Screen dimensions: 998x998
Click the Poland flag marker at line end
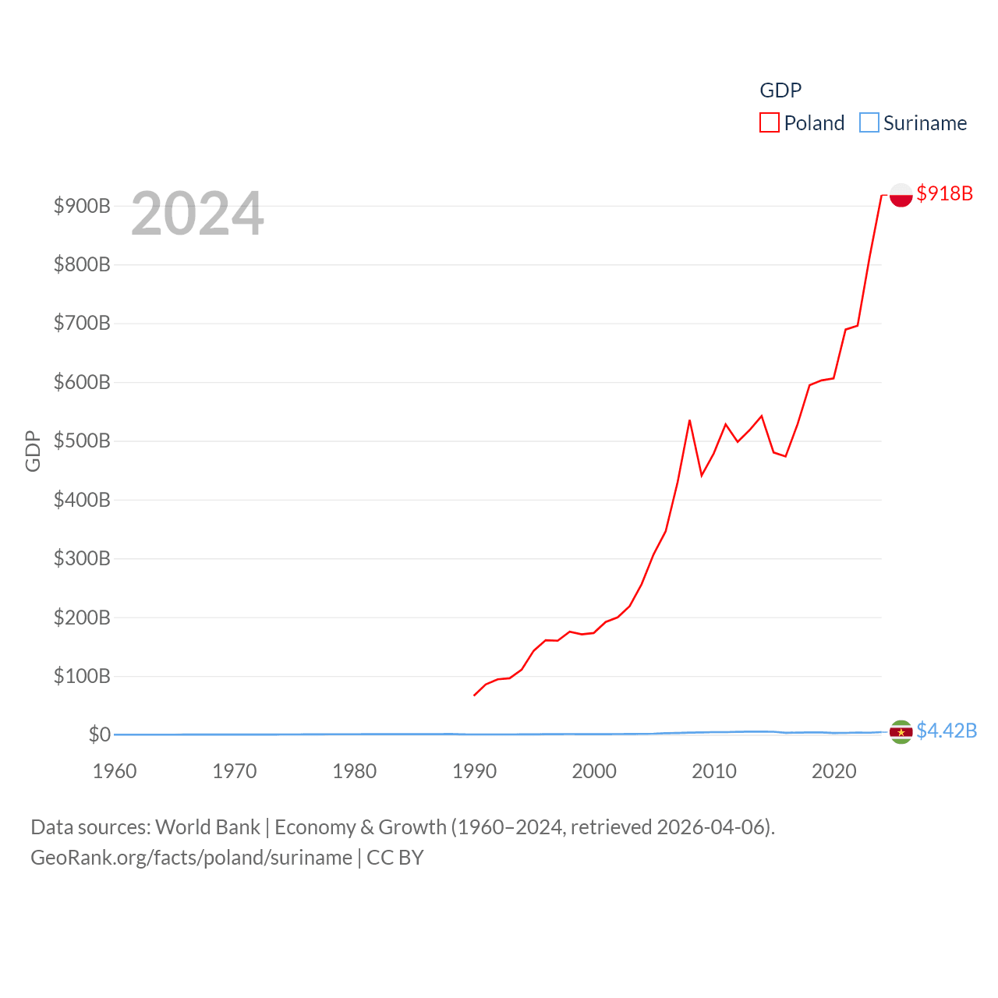901,195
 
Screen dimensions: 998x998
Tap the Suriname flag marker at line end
901,732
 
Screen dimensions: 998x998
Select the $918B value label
944,193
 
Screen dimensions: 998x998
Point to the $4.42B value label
946,731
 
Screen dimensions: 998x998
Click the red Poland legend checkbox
770,123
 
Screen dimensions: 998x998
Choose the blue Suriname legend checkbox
869,123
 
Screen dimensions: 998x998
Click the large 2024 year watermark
197,214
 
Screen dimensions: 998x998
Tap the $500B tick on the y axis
82,441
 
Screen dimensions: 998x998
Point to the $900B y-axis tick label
82,206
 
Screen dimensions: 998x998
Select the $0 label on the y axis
99,734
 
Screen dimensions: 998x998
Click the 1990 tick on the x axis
474,771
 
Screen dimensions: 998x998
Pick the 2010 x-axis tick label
714,771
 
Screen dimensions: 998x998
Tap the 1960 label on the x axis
115,771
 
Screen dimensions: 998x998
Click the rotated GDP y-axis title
33,451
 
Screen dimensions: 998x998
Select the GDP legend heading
780,90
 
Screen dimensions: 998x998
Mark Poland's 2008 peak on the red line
689,420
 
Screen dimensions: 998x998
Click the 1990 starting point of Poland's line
474,695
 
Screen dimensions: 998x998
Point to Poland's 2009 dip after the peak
702,475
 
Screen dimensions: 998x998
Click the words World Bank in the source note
207,827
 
